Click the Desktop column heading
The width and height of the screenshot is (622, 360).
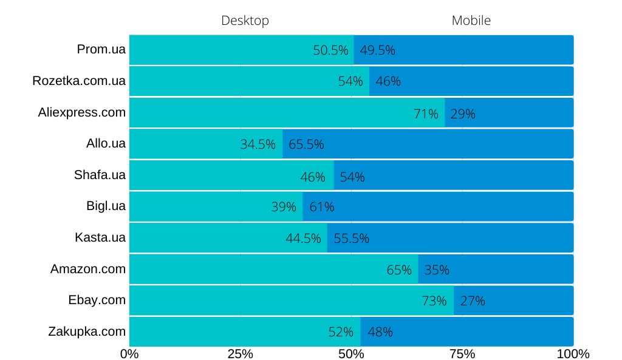(x=245, y=21)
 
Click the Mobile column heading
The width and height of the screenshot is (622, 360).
(x=471, y=21)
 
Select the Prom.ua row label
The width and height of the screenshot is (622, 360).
(x=101, y=50)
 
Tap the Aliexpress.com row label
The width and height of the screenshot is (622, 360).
(x=82, y=112)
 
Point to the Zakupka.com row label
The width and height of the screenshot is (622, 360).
(x=87, y=331)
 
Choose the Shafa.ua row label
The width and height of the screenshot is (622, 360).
(x=100, y=175)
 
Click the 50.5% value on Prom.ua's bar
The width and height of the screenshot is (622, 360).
(x=330, y=50)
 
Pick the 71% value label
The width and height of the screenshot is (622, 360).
(x=426, y=114)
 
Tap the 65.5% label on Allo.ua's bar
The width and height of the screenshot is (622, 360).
(x=306, y=144)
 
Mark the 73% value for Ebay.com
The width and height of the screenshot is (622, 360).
(x=434, y=301)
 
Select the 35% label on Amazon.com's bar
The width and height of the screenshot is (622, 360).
(x=437, y=270)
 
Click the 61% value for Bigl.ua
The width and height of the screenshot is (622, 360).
(x=322, y=207)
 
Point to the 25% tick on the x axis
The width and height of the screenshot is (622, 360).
(x=240, y=354)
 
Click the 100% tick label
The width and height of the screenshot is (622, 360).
(x=573, y=354)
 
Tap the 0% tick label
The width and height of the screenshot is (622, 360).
(x=129, y=354)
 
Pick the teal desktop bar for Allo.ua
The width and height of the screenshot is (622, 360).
(x=182, y=144)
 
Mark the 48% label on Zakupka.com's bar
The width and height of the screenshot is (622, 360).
(x=380, y=332)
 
